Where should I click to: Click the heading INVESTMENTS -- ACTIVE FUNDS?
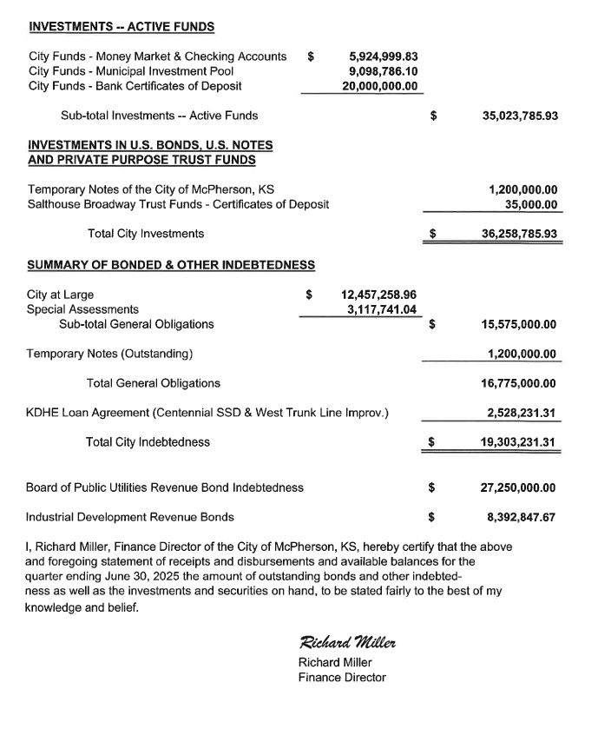click(122, 27)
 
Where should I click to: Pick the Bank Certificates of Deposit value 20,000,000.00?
click(379, 86)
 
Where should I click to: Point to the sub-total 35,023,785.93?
click(519, 115)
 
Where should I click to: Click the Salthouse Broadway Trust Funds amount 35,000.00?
click(530, 204)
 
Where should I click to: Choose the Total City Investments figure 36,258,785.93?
click(519, 234)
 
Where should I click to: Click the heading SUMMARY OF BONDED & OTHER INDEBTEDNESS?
click(171, 264)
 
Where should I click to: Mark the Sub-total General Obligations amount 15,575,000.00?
click(519, 324)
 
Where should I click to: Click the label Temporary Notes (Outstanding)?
click(109, 354)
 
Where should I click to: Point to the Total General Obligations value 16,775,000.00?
click(519, 383)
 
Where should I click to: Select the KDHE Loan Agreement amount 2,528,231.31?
click(522, 413)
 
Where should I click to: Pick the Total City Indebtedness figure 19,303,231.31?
click(519, 442)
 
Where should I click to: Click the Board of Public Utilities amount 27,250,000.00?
click(519, 487)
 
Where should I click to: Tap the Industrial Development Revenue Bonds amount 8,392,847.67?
click(522, 517)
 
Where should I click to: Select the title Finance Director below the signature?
click(341, 678)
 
